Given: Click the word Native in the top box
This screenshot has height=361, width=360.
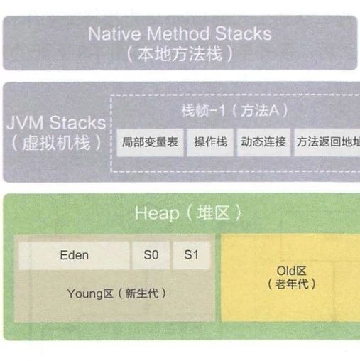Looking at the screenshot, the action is coord(114,33).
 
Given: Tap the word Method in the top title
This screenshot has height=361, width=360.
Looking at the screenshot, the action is coord(178,33).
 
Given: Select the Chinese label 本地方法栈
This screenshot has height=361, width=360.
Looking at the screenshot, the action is coord(180,54).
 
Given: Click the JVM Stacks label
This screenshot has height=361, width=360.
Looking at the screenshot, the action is coord(56,122).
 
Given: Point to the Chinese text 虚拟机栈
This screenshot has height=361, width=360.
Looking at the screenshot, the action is coord(56,143).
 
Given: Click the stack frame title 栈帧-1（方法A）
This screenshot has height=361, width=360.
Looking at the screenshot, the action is coord(234,111).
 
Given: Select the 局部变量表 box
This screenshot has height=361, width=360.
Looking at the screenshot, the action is coord(150,142).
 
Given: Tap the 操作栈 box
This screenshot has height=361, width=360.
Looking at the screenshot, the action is coord(210,142).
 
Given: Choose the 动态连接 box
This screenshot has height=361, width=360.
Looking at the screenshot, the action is coord(263,142).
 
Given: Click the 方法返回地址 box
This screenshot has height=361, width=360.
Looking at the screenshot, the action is coord(327,142).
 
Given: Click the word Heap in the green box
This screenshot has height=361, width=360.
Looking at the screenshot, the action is coord(157,213).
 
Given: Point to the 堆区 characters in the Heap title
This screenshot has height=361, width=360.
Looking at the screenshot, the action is coord(213,212).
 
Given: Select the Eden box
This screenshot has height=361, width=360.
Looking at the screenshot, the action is coord(75,255).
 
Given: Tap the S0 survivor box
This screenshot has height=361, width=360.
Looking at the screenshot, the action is coord(151,255).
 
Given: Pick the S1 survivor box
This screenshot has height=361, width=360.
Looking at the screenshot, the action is coord(191,255).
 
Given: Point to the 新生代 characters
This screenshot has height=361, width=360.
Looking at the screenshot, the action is coord(142,293).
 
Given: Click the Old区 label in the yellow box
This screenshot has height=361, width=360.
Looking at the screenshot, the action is coord(292,271).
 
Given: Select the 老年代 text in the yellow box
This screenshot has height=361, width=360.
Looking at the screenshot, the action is coord(292,284).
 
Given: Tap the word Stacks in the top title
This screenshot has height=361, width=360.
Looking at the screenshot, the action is coord(243,33).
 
